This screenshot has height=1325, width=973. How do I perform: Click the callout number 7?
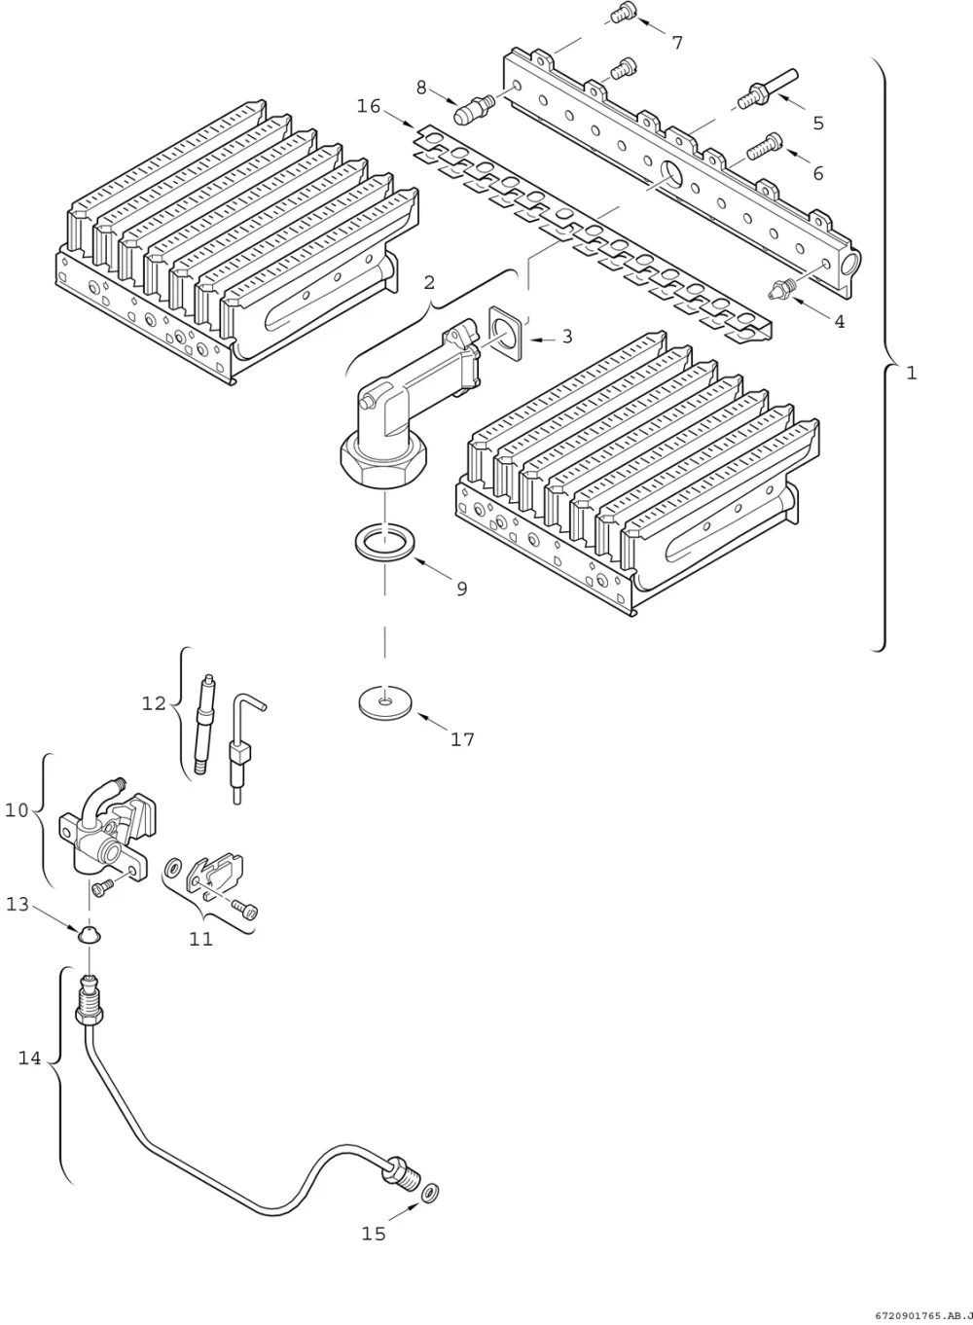[677, 43]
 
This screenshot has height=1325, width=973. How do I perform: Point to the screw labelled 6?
[764, 146]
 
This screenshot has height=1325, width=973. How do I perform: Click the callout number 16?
[369, 106]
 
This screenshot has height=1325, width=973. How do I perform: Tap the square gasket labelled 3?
[506, 333]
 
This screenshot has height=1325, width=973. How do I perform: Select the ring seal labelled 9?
[385, 544]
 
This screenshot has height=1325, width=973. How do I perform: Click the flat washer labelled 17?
[385, 702]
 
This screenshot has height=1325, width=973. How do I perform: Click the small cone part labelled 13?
[89, 933]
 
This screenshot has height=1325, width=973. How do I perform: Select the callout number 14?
[29, 1058]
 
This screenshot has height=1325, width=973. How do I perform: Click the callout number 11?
[200, 939]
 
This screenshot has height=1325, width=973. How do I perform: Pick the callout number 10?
[17, 810]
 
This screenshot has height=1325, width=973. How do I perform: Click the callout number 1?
[912, 373]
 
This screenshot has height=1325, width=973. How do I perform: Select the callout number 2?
[429, 283]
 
